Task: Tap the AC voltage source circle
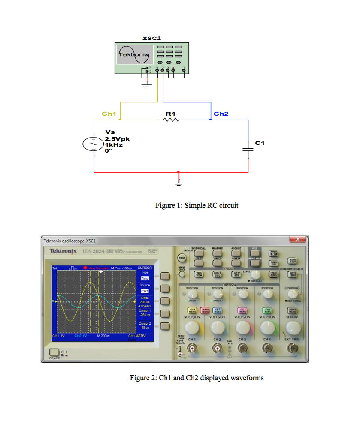94,144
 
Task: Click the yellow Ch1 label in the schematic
109,114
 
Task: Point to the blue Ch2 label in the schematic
221,114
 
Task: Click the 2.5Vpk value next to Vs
117,139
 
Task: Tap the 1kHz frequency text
114,145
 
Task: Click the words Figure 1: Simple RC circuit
197,205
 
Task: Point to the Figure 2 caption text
197,378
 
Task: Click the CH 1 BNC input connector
191,349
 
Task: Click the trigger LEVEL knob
256,274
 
